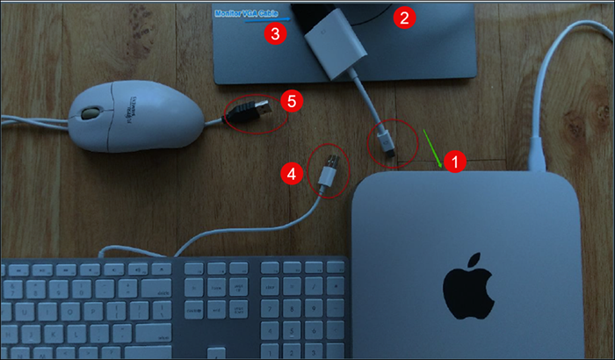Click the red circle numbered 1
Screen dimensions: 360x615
(x=453, y=162)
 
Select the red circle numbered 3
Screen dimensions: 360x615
(x=276, y=34)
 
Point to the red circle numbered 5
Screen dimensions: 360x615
(x=292, y=100)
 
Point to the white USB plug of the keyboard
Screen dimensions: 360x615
(x=328, y=169)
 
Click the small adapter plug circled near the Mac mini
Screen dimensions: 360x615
(x=387, y=143)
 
